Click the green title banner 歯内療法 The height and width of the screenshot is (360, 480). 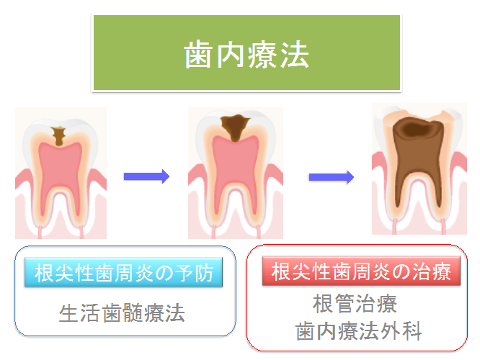coord(246,53)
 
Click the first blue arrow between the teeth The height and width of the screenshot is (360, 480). coord(146,176)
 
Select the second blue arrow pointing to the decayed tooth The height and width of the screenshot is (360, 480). coord(332,177)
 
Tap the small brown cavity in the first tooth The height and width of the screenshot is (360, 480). coord(59,135)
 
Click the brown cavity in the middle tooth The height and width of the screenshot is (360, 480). coord(235,127)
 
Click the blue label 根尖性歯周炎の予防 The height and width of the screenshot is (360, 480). coord(124,273)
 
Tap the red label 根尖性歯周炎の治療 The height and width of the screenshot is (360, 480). coord(361,271)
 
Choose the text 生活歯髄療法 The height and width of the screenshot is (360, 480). coord(122,313)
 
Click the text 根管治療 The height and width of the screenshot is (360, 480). coord(355,304)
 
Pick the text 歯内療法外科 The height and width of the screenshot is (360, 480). coord(359,330)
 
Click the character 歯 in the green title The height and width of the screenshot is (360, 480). coord(198,55)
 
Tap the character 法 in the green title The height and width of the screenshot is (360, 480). coord(295,55)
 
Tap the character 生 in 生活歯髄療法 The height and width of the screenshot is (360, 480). coord(68,313)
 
